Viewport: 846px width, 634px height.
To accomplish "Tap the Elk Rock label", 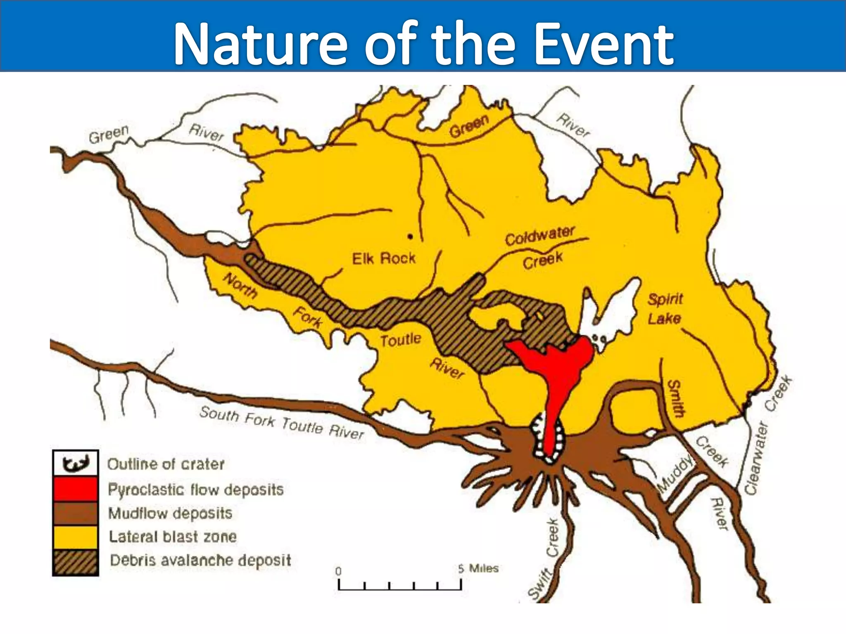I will [x=383, y=258].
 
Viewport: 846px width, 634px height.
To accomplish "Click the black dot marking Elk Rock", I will [x=410, y=237].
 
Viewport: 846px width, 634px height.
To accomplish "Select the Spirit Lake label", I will [x=665, y=308].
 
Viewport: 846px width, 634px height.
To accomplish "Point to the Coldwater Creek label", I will [x=540, y=248].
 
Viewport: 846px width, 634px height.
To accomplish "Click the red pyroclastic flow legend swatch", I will [x=75, y=489].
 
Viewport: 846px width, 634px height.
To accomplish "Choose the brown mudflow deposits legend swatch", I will [x=75, y=513].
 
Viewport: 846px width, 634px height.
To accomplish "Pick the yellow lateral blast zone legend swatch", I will [x=75, y=537].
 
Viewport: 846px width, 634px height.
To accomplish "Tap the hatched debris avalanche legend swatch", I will [x=75, y=562].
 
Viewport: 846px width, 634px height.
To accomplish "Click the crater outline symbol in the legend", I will [x=75, y=464].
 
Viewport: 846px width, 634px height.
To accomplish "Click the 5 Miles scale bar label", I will [x=478, y=569].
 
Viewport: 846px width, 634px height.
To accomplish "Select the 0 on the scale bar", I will [x=338, y=572].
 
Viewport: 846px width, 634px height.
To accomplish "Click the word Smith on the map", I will [x=676, y=399].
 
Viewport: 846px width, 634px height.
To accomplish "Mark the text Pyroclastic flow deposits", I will [x=196, y=490].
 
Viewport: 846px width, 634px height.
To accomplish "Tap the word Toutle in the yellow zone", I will [x=400, y=340].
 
